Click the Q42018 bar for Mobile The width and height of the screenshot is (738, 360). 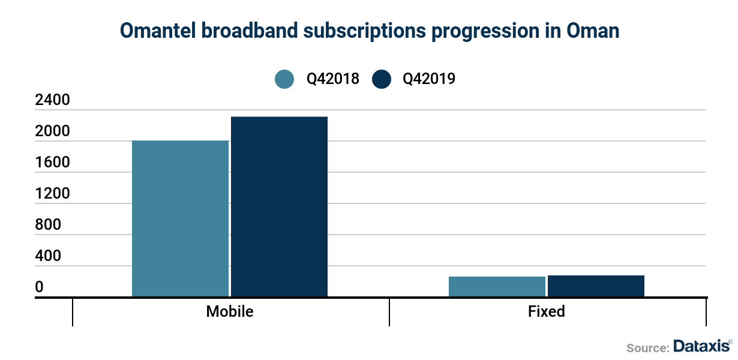(x=180, y=218)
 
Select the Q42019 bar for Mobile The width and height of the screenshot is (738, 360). (x=279, y=206)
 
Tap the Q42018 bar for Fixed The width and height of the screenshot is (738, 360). (x=497, y=286)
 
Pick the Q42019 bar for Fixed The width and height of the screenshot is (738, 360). (x=596, y=286)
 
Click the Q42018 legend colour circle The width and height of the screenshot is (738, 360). (x=284, y=79)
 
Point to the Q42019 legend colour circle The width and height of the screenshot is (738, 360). (x=382, y=79)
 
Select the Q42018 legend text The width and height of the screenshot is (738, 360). (x=333, y=79)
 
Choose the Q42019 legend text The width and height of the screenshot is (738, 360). (x=429, y=79)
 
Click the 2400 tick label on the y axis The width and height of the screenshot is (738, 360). (x=53, y=100)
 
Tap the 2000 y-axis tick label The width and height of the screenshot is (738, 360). (x=53, y=131)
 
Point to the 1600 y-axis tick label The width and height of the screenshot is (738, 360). (x=53, y=163)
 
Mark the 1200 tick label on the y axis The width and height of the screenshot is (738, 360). (x=53, y=194)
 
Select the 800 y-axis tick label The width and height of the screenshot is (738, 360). (x=48, y=225)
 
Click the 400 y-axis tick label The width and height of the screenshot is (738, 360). (x=48, y=256)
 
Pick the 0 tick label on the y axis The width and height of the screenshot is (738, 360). (x=40, y=287)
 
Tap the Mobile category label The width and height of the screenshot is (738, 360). (x=230, y=312)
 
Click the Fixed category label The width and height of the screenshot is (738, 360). (x=547, y=312)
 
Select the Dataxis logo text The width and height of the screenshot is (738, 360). (x=701, y=346)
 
